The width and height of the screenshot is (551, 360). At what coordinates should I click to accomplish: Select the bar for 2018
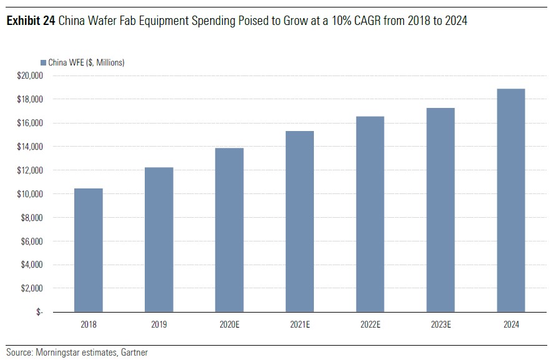(x=89, y=250)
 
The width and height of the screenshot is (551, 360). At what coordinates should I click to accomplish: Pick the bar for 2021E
(x=300, y=221)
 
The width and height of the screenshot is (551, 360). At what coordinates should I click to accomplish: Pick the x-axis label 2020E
(x=230, y=325)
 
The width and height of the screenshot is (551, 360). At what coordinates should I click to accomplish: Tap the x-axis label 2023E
(x=441, y=325)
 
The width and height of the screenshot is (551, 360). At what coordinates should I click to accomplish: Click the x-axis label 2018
(x=89, y=325)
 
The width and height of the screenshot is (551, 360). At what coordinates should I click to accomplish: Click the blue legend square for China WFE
(x=43, y=62)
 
